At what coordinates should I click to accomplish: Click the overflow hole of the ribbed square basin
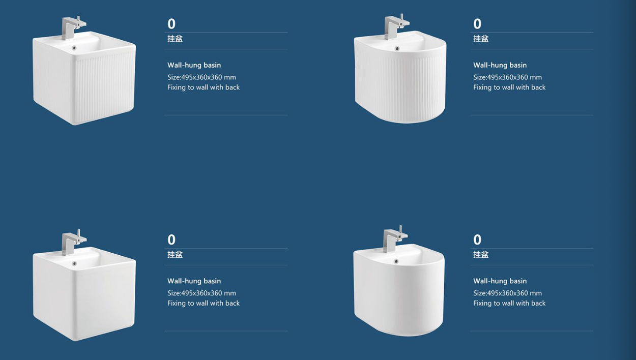click(x=74, y=48)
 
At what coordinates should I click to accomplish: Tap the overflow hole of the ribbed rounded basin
click(x=397, y=49)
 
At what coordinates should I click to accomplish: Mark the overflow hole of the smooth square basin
click(x=74, y=263)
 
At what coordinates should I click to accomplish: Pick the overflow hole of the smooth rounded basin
click(x=396, y=261)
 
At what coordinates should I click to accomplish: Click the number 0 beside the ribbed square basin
click(x=171, y=24)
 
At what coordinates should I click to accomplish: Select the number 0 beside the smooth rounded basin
click(x=477, y=239)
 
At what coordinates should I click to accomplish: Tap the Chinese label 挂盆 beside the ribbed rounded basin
click(x=481, y=39)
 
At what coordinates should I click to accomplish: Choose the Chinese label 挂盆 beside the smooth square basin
click(x=175, y=254)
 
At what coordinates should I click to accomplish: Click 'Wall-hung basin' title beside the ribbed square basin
click(x=194, y=65)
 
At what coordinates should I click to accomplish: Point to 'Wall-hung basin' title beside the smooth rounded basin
click(x=500, y=281)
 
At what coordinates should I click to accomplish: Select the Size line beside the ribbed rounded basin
click(x=508, y=77)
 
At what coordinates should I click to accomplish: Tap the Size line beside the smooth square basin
click(x=201, y=293)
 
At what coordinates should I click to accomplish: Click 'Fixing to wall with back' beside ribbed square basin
click(x=204, y=87)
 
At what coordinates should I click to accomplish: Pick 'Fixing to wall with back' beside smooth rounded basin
click(x=509, y=303)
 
